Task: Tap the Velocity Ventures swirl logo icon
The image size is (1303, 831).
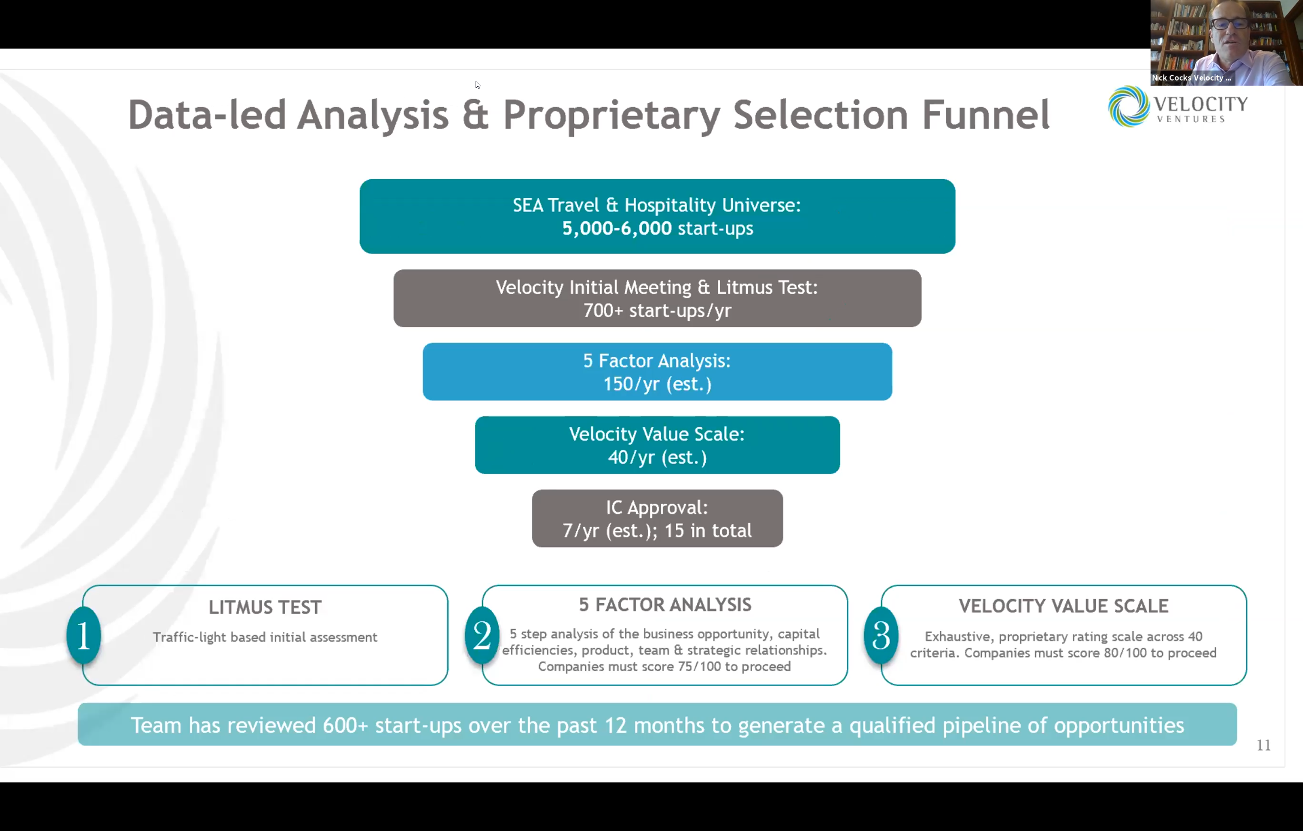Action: coord(1129,106)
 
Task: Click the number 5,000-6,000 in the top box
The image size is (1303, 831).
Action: coord(616,229)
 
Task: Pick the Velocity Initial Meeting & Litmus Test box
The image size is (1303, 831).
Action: coord(657,298)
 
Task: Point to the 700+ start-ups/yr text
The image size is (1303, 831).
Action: coord(657,311)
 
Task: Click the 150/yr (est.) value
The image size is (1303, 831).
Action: coord(657,384)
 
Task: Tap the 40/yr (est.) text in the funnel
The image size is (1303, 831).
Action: coord(657,458)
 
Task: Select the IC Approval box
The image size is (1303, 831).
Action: coord(657,519)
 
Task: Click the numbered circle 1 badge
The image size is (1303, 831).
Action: coord(84,635)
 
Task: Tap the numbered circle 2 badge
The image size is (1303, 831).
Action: coord(482,635)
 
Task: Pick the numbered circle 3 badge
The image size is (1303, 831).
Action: coord(881,635)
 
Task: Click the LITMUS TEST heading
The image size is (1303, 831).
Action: coord(265,607)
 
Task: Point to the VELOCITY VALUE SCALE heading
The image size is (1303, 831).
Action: coord(1064,606)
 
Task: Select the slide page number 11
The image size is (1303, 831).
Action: coord(1264,745)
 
